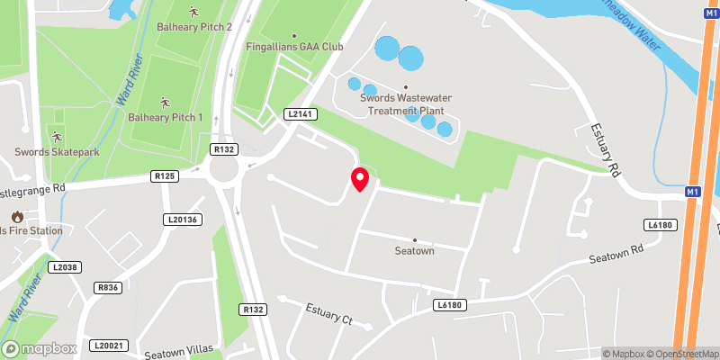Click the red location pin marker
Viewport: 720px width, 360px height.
click(359, 179)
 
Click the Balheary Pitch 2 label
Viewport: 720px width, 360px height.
click(193, 28)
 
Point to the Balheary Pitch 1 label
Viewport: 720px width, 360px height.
click(165, 117)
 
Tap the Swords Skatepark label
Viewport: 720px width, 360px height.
click(57, 151)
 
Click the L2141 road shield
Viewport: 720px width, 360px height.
click(299, 114)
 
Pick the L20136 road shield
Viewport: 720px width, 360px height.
click(182, 219)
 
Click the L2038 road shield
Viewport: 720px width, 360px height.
click(67, 267)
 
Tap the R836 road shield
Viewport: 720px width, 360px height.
click(108, 287)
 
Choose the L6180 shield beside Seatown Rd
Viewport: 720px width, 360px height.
click(659, 224)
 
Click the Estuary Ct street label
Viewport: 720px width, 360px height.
click(328, 316)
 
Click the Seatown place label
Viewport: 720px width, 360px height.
click(414, 251)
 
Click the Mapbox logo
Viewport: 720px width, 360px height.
click(39, 348)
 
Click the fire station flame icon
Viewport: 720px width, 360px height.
click(17, 217)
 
